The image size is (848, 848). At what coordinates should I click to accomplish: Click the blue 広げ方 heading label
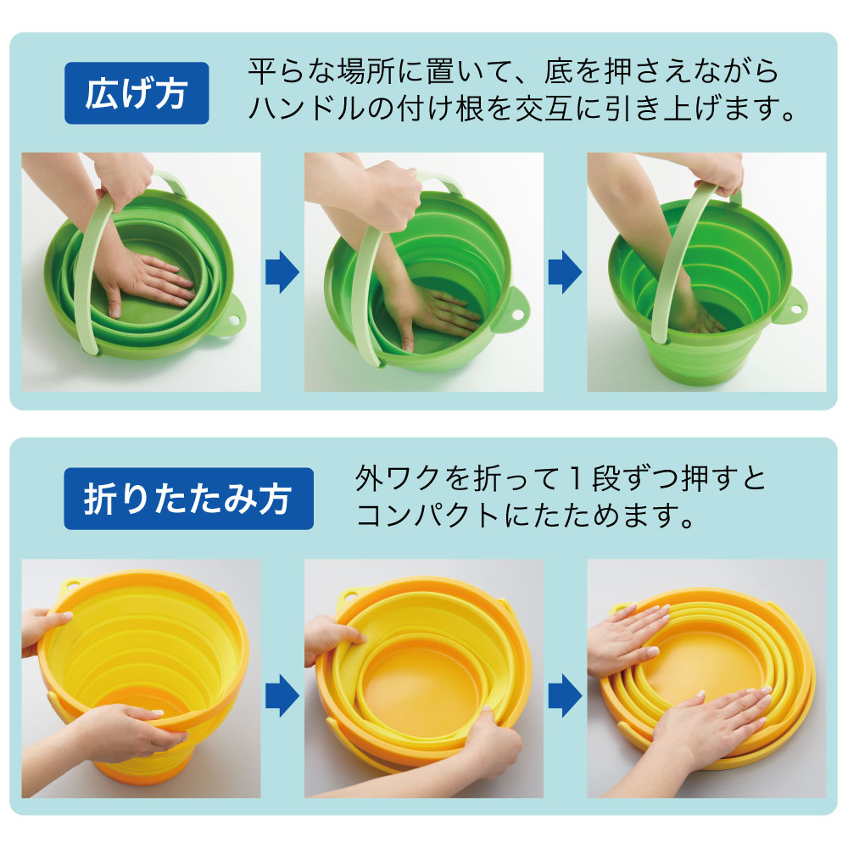137,93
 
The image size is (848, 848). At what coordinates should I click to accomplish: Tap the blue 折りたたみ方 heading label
188,499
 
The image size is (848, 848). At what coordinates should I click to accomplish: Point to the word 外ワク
398,478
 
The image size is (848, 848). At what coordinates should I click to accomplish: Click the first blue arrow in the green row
282,271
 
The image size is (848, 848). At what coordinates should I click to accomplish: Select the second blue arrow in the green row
565,271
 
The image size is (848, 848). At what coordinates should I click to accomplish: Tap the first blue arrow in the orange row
282,695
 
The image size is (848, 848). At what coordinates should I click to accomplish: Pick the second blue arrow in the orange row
565,695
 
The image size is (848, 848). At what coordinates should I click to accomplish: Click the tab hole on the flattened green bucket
235,320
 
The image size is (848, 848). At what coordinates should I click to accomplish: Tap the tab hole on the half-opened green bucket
516,315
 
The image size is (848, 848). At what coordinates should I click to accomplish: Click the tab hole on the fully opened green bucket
797,310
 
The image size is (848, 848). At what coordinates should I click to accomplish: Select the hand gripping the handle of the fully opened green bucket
717,172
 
